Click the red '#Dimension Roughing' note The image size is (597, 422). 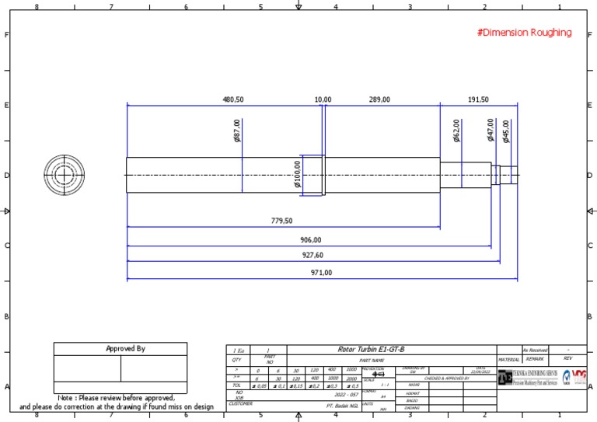524,33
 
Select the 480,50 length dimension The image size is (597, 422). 233,99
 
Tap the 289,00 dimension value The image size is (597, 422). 379,99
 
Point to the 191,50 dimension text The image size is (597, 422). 479,99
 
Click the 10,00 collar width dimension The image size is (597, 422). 323,99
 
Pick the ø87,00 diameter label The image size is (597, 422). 237,131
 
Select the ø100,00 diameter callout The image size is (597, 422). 298,175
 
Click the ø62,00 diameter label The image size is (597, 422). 456,131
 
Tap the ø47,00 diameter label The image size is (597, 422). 491,130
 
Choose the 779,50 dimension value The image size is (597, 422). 281,221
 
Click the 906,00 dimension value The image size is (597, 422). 310,240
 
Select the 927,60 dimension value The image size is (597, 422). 312,255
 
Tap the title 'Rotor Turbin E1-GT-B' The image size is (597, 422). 371,350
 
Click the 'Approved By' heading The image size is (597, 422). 125,349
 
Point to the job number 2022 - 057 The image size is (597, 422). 347,395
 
